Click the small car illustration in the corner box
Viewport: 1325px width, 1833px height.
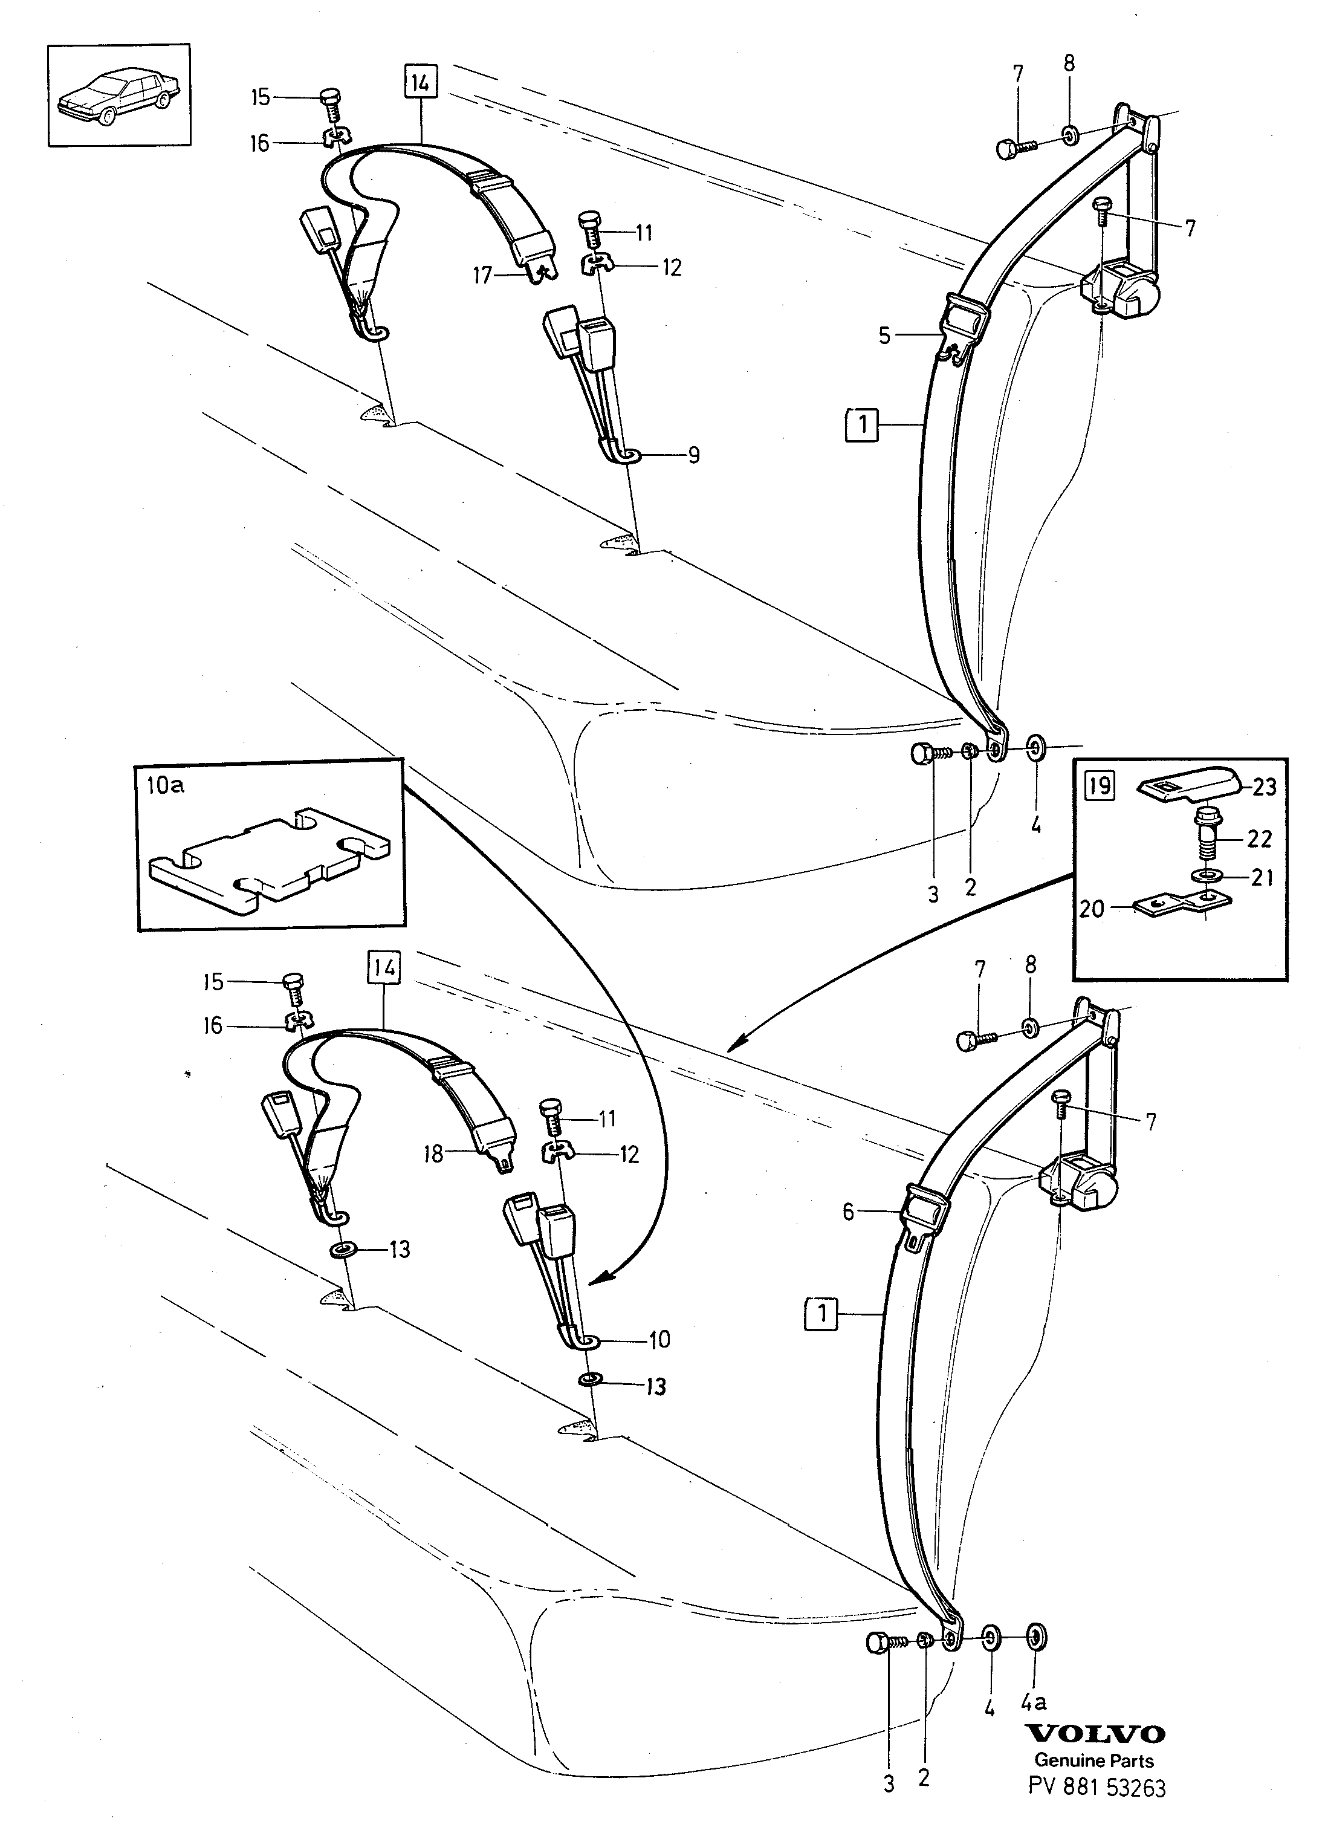(118, 96)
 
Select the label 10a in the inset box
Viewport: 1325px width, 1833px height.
(165, 785)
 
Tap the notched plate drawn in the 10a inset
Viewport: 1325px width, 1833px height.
(271, 860)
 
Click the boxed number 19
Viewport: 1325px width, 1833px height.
(1099, 785)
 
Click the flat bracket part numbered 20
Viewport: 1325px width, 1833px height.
(1182, 904)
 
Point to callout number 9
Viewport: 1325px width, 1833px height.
(693, 455)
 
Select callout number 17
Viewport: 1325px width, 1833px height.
(482, 276)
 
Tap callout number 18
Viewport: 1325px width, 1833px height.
(434, 1154)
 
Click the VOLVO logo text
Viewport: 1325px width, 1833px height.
(1095, 1734)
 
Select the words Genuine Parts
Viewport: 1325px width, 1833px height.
(1094, 1760)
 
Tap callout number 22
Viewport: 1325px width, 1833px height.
(1259, 839)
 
